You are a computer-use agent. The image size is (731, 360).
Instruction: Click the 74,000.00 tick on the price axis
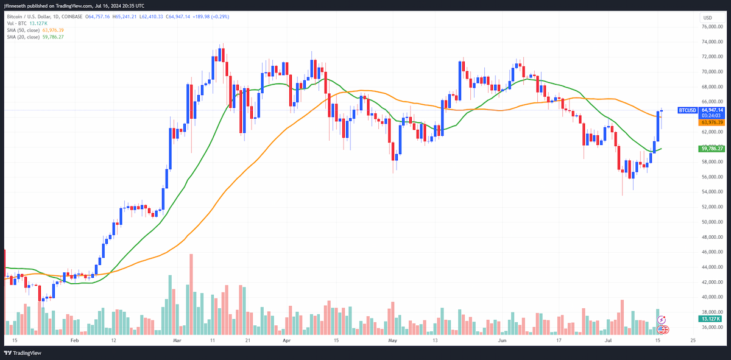pos(712,42)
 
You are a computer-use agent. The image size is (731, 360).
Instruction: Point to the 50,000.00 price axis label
pos(712,222)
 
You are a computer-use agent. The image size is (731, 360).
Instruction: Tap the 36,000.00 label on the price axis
pos(712,327)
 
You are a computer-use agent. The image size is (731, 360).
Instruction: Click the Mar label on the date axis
pos(177,341)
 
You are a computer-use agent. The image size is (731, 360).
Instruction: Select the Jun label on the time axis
pos(502,341)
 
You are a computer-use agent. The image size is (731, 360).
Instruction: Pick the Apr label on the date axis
pos(286,341)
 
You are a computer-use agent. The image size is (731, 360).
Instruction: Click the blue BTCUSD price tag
pos(688,110)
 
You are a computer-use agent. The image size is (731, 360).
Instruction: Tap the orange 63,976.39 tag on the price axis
pos(712,122)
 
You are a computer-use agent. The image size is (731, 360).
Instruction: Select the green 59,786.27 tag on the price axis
pos(712,149)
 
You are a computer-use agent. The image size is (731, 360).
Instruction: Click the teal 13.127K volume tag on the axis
pos(710,319)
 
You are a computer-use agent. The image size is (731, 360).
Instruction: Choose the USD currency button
pos(707,18)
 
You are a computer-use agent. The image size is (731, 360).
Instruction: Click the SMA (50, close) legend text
pos(23,30)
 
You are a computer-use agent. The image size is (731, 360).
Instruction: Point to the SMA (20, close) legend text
pos(23,37)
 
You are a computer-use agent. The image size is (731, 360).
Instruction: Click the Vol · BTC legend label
pos(16,24)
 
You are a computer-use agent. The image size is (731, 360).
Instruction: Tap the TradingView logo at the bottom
pos(23,353)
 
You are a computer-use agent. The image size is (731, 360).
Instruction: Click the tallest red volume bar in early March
pos(191,294)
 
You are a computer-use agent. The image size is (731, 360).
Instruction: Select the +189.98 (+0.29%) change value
pos(211,16)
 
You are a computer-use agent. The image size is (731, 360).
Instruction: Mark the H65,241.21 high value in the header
pos(124,16)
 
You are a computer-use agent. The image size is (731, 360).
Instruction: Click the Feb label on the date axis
pos(75,341)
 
